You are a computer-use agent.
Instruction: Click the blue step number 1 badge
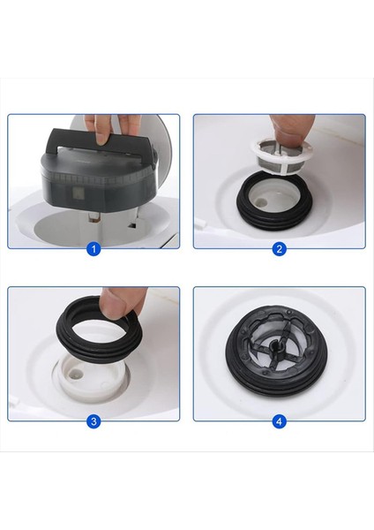click(x=93, y=249)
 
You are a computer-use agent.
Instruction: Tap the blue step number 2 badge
click(x=280, y=249)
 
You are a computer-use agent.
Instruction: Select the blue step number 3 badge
click(x=93, y=421)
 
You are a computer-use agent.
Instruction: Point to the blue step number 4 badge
click(x=280, y=421)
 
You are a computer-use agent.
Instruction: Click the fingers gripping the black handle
click(x=108, y=130)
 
